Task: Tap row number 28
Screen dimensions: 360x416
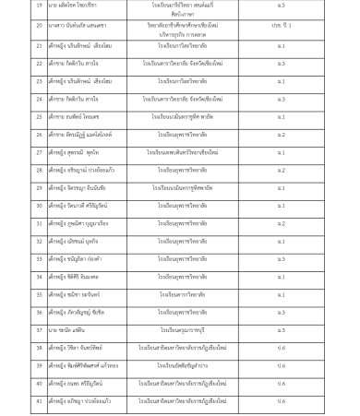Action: point(40,171)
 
